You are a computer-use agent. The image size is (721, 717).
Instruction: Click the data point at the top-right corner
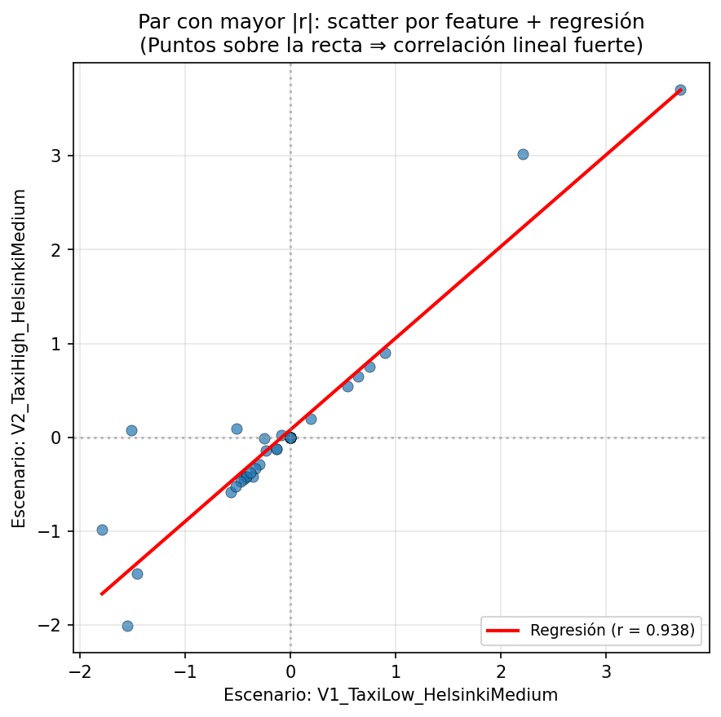click(680, 90)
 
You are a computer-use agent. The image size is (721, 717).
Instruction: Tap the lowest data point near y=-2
click(127, 626)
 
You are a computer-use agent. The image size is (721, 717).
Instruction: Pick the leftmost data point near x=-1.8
click(102, 530)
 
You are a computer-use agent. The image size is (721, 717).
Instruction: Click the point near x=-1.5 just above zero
click(131, 430)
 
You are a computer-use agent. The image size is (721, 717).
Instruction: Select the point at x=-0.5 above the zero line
click(237, 429)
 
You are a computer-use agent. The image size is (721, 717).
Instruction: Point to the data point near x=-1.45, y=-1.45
click(137, 574)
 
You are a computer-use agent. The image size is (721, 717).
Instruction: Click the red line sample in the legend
click(504, 630)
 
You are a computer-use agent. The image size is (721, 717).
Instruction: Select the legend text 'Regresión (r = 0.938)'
click(612, 630)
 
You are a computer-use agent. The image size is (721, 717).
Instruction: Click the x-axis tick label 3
click(606, 670)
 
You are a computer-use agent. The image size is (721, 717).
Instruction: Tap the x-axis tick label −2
click(79, 670)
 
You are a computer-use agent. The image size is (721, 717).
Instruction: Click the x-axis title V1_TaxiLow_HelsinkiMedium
click(391, 695)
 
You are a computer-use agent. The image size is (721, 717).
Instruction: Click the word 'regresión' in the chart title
click(598, 21)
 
